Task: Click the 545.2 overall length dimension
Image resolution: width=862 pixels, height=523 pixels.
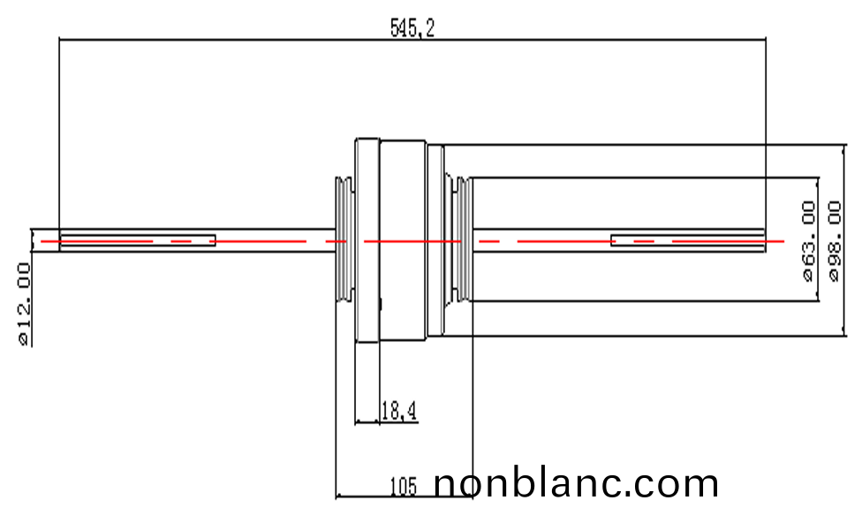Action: pos(412,28)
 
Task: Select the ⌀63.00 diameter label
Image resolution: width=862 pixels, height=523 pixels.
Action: pos(807,240)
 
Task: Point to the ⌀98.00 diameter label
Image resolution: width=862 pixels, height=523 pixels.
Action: pos(835,240)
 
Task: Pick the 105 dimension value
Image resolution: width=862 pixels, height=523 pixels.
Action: pos(403,485)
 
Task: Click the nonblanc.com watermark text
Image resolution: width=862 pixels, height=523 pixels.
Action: pos(576,483)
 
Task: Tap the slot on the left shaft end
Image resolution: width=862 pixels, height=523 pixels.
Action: pos(137,240)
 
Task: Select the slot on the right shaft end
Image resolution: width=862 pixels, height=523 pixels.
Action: pos(687,240)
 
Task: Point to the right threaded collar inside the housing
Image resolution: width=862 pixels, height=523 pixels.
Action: pos(458,240)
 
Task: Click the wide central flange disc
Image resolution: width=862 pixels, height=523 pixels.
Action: pos(403,240)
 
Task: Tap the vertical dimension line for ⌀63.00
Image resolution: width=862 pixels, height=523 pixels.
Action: pos(820,203)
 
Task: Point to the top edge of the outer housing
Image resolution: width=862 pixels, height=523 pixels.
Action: pos(601,144)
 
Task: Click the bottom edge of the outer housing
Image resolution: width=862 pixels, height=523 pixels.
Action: pos(601,336)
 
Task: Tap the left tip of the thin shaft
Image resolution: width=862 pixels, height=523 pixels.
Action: pos(32,240)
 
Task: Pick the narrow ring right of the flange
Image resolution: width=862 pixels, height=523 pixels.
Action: pos(435,240)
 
